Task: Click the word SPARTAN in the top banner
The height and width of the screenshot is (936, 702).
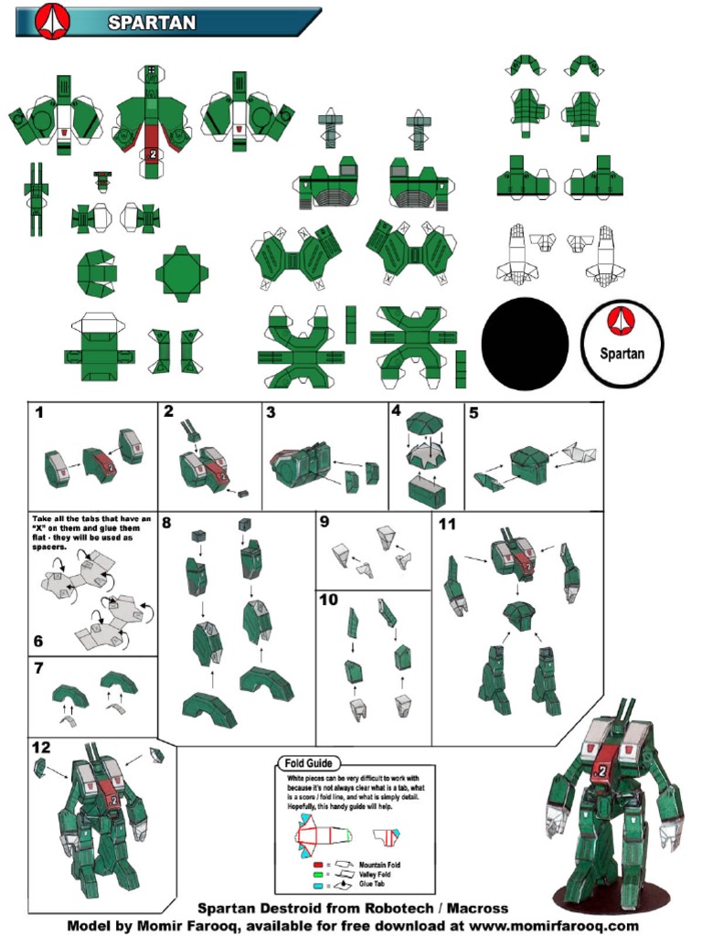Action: [x=152, y=23]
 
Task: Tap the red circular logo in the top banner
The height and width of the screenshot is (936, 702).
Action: [x=53, y=20]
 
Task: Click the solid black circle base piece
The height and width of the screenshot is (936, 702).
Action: [x=525, y=344]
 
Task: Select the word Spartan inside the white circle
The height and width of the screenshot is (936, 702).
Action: [x=622, y=353]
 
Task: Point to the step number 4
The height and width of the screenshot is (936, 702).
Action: [x=396, y=411]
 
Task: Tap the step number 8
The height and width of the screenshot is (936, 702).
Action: [x=166, y=523]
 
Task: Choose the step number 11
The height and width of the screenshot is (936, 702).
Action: [x=447, y=524]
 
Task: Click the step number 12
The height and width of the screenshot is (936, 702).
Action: [x=41, y=748]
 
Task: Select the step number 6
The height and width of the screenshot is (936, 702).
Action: [x=38, y=642]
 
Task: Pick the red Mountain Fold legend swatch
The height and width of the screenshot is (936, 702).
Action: [x=317, y=863]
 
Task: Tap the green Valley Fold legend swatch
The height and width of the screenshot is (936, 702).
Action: [x=317, y=874]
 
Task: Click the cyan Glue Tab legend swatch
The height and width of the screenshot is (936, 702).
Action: [x=317, y=885]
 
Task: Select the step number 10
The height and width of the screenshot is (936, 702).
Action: [x=329, y=600]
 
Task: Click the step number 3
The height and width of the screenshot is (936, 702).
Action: [x=271, y=412]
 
